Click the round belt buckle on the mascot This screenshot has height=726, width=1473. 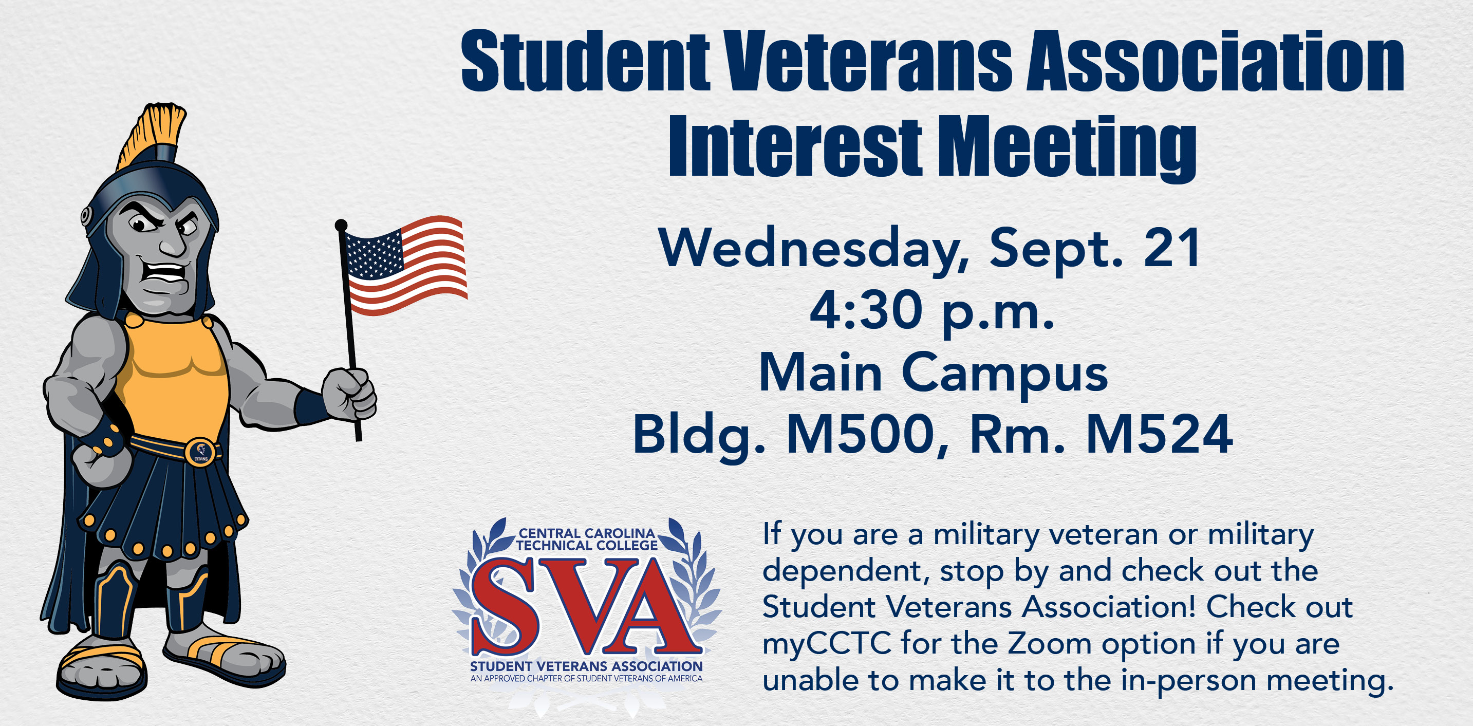(x=201, y=452)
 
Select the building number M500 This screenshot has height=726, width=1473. (x=860, y=435)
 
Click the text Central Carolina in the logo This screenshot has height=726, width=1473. (x=587, y=533)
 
